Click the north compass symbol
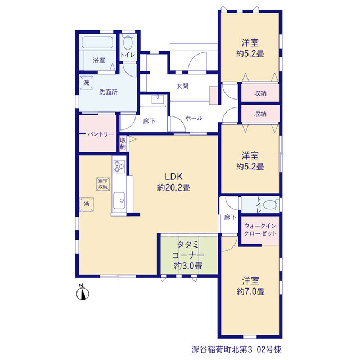83,294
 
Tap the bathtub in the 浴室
97,43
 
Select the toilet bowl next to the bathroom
128,42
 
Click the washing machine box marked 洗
86,83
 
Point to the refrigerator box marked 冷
87,204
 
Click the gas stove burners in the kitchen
119,166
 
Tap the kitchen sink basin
119,200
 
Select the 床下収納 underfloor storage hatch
103,184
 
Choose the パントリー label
101,134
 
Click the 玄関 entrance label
182,86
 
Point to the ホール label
193,118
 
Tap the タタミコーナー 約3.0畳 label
188,255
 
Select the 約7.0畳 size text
250,291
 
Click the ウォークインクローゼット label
260,230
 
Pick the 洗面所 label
108,92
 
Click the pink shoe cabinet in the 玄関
214,96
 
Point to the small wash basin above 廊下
157,99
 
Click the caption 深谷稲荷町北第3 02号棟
236,350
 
